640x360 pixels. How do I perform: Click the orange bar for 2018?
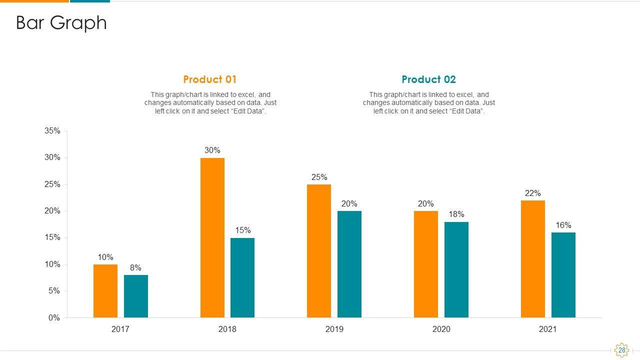(x=212, y=237)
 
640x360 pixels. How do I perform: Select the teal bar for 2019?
(x=349, y=264)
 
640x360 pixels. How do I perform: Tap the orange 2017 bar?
(x=105, y=291)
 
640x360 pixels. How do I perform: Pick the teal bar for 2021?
(x=563, y=275)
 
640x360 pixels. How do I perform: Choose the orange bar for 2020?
(x=426, y=264)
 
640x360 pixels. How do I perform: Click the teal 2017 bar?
(x=136, y=296)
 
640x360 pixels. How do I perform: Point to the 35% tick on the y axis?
(x=52, y=131)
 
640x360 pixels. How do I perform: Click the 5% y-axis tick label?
(x=54, y=291)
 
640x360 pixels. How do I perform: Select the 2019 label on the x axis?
(x=334, y=329)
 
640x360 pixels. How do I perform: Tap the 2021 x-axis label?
(x=548, y=329)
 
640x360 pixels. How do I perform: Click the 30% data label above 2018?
(x=212, y=150)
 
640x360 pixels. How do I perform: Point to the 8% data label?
(x=135, y=267)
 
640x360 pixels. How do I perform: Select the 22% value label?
(x=533, y=193)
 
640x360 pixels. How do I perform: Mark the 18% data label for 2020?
(x=456, y=214)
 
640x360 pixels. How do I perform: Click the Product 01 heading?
(x=210, y=79)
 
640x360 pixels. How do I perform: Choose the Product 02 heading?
(x=428, y=79)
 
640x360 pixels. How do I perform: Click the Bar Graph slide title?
(x=61, y=23)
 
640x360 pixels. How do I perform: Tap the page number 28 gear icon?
(x=621, y=350)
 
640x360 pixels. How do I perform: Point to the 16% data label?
(x=563, y=225)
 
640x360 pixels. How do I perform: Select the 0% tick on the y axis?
(x=54, y=318)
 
